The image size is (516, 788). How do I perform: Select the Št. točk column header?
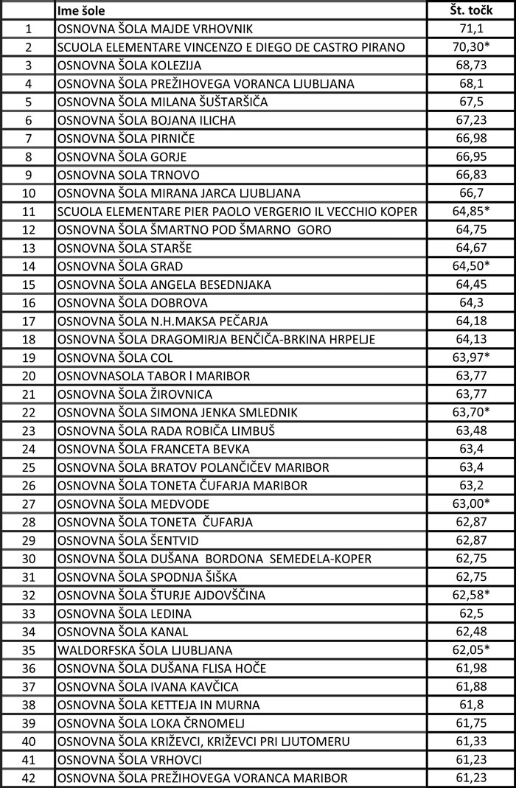tap(470, 10)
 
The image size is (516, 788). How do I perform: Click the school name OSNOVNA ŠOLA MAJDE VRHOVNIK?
tap(154, 29)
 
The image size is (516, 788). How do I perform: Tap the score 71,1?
tap(470, 29)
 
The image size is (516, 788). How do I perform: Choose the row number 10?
tap(29, 193)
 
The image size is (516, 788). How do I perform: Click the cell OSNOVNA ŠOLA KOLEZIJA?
tap(129, 66)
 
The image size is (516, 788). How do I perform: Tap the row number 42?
tap(29, 778)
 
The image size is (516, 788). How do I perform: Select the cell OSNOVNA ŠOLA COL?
tap(115, 358)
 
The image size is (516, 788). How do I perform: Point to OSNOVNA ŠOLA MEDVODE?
tap(133, 503)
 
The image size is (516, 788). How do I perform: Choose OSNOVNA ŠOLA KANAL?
tap(122, 631)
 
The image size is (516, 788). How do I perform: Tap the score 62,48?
tap(470, 631)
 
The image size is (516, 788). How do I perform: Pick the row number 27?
tap(29, 503)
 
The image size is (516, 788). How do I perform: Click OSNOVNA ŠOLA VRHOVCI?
tap(129, 759)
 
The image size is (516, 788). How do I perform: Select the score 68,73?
tap(470, 66)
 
